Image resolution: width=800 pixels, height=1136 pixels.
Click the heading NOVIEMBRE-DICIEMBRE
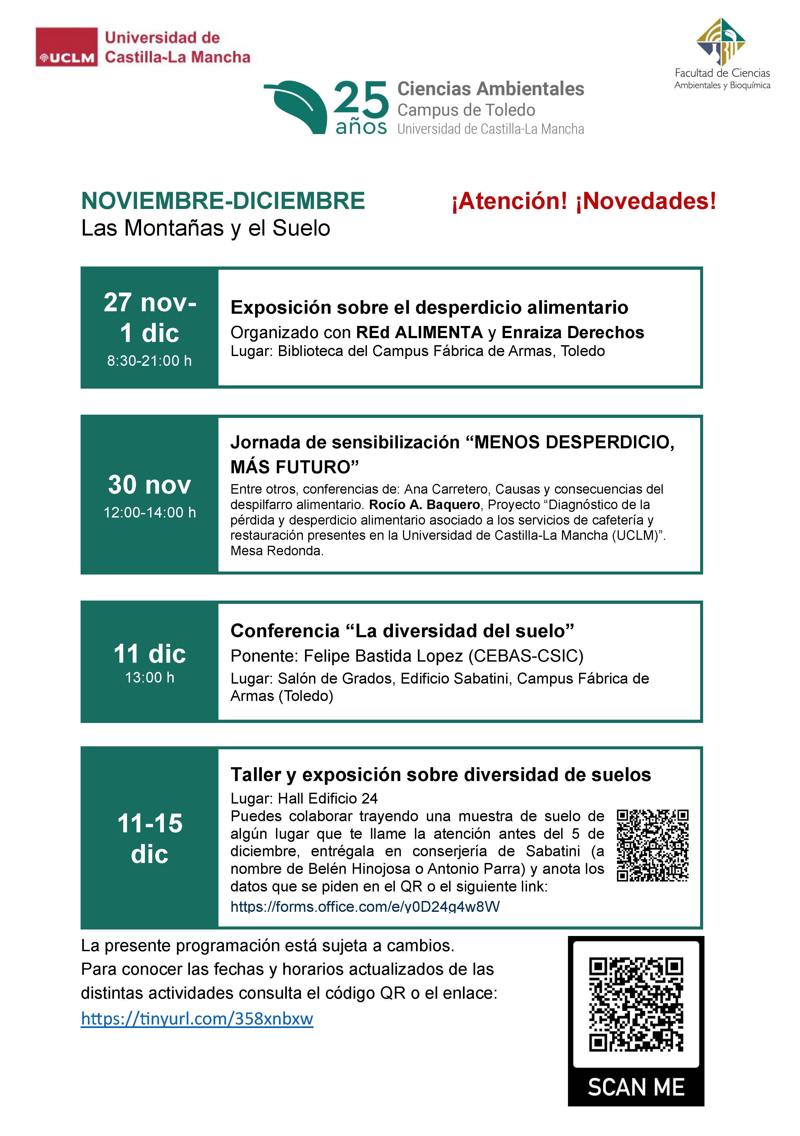223,201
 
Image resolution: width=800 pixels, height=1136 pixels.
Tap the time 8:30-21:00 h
150,361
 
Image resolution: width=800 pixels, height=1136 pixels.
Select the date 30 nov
150,485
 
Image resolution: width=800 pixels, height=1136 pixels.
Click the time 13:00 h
150,677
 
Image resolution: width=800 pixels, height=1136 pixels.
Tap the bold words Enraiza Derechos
572,332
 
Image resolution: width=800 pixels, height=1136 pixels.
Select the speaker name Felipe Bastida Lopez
383,656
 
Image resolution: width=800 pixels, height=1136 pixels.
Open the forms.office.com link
365,906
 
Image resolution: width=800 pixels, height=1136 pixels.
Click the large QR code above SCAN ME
636,1004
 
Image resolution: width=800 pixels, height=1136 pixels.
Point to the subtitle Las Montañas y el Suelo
205,228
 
